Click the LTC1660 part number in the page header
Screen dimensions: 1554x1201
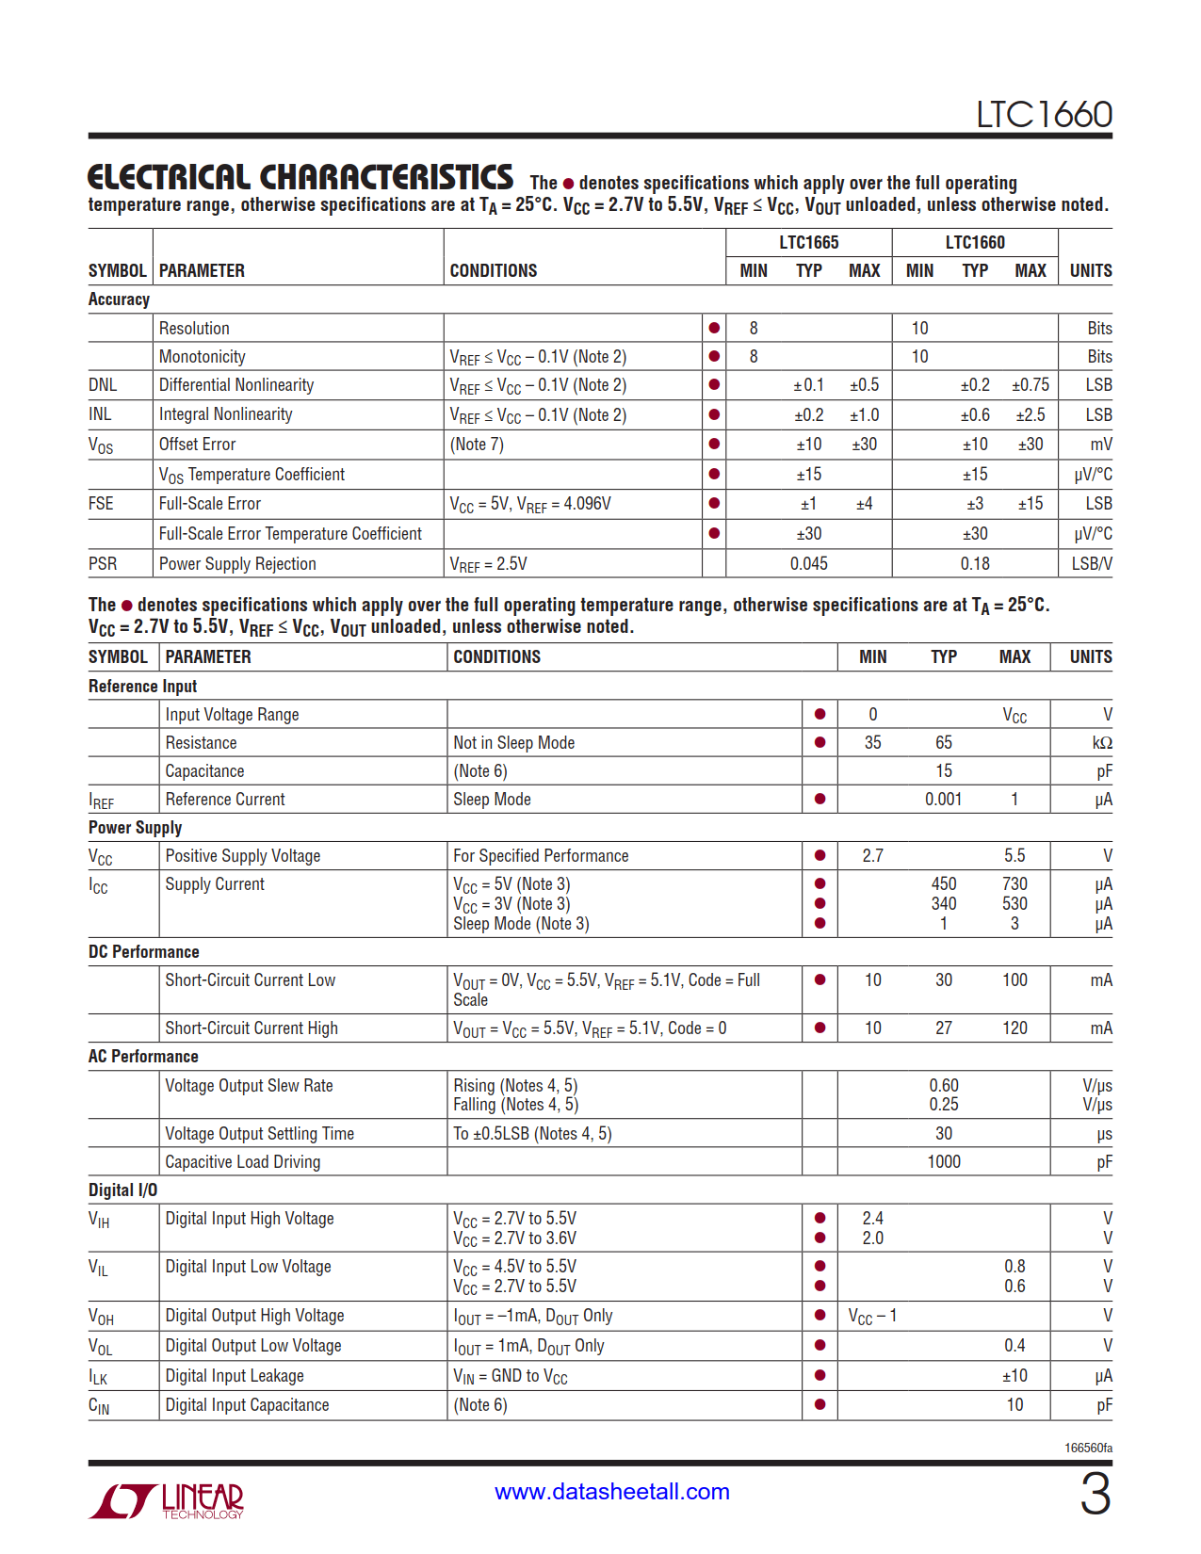point(1044,115)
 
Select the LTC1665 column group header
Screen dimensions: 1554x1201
point(808,242)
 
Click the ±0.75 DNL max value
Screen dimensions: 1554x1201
point(1030,385)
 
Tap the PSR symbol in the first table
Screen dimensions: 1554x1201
point(103,564)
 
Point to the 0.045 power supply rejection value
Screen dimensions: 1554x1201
point(808,564)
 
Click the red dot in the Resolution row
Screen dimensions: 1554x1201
point(714,328)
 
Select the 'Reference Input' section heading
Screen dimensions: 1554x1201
point(142,687)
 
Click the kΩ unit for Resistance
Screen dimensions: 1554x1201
point(1102,743)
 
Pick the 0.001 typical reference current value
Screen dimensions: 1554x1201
point(943,800)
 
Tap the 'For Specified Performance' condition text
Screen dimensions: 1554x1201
point(541,856)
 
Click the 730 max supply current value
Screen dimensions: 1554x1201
point(1014,884)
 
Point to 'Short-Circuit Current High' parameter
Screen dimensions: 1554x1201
point(252,1028)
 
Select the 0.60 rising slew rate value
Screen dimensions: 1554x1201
point(943,1086)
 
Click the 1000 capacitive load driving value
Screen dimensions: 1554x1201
point(943,1162)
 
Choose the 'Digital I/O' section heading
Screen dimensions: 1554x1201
point(122,1190)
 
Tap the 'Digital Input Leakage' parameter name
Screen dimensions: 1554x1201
point(235,1376)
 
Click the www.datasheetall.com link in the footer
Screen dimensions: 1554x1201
point(612,1492)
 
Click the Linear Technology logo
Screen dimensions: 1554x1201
point(167,1500)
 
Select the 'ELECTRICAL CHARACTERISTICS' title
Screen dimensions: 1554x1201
point(300,177)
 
